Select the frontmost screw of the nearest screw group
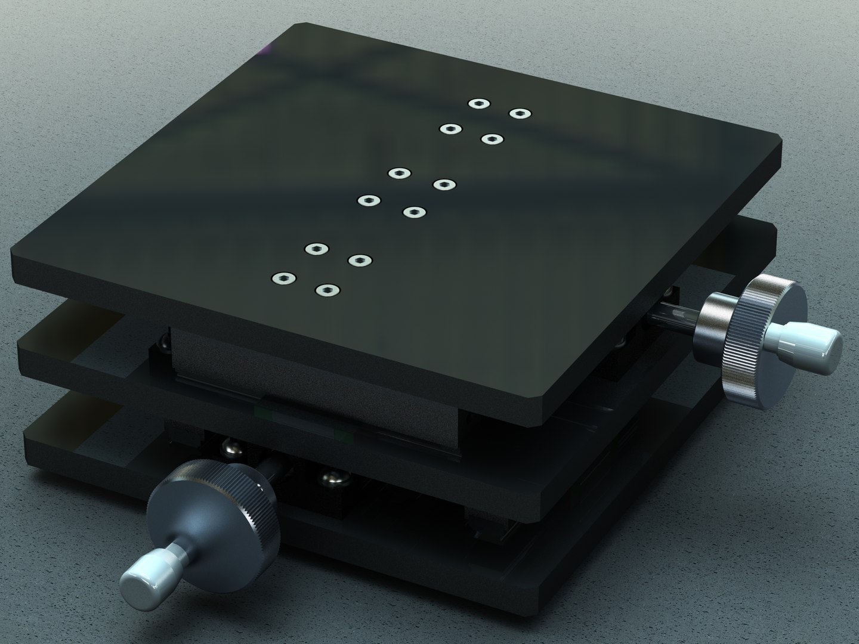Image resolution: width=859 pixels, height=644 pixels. pos(326,290)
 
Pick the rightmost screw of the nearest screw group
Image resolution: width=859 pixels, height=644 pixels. pos(360,260)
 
